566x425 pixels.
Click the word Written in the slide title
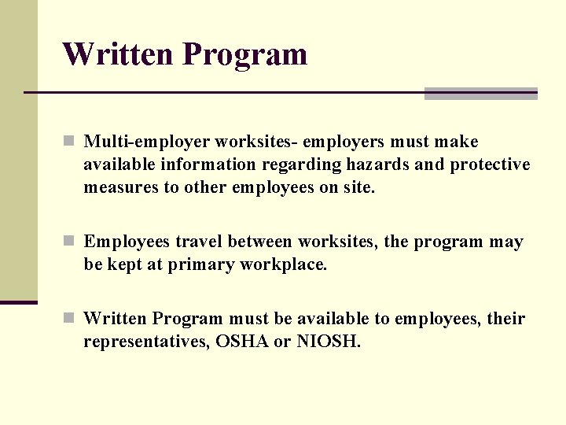tap(118, 54)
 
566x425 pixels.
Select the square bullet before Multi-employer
tap(69, 142)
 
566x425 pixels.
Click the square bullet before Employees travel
tap(69, 242)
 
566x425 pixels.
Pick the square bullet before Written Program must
tap(69, 319)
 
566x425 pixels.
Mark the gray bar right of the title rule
tap(480, 94)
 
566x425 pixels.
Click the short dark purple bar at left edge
tap(18, 302)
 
